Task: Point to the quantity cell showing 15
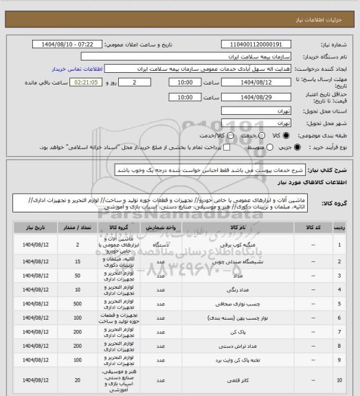[78, 262]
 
